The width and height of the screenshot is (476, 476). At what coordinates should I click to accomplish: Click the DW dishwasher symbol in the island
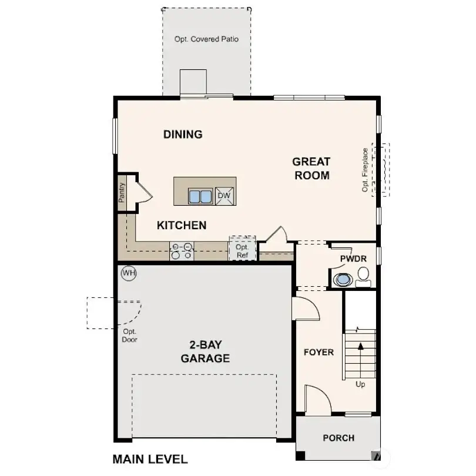(224, 196)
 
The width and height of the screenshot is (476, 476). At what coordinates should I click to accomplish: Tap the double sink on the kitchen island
(200, 196)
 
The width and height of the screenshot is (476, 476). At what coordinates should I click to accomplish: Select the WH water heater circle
(128, 273)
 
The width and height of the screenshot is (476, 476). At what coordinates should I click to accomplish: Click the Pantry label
(122, 193)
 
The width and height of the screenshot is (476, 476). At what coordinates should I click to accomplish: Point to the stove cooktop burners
(182, 251)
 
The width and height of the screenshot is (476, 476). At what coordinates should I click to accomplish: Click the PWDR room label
(353, 259)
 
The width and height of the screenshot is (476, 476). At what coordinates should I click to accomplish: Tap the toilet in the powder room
(363, 275)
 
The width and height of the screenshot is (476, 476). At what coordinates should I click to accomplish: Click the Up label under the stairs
(360, 384)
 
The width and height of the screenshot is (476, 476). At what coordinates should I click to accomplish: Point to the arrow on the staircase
(360, 347)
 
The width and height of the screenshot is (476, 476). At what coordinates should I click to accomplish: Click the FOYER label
(319, 353)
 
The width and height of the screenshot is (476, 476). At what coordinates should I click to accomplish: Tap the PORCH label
(338, 438)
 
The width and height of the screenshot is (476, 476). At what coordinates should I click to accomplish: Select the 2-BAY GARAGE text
(205, 351)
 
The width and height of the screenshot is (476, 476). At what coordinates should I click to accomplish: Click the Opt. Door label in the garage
(129, 336)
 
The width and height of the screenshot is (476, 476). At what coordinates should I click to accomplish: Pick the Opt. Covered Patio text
(206, 39)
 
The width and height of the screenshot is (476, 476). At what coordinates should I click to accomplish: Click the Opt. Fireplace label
(365, 170)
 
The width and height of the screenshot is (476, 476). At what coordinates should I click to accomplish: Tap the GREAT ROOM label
(311, 168)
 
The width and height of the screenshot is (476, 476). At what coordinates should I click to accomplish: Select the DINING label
(183, 135)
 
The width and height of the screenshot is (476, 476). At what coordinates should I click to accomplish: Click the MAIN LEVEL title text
(150, 459)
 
